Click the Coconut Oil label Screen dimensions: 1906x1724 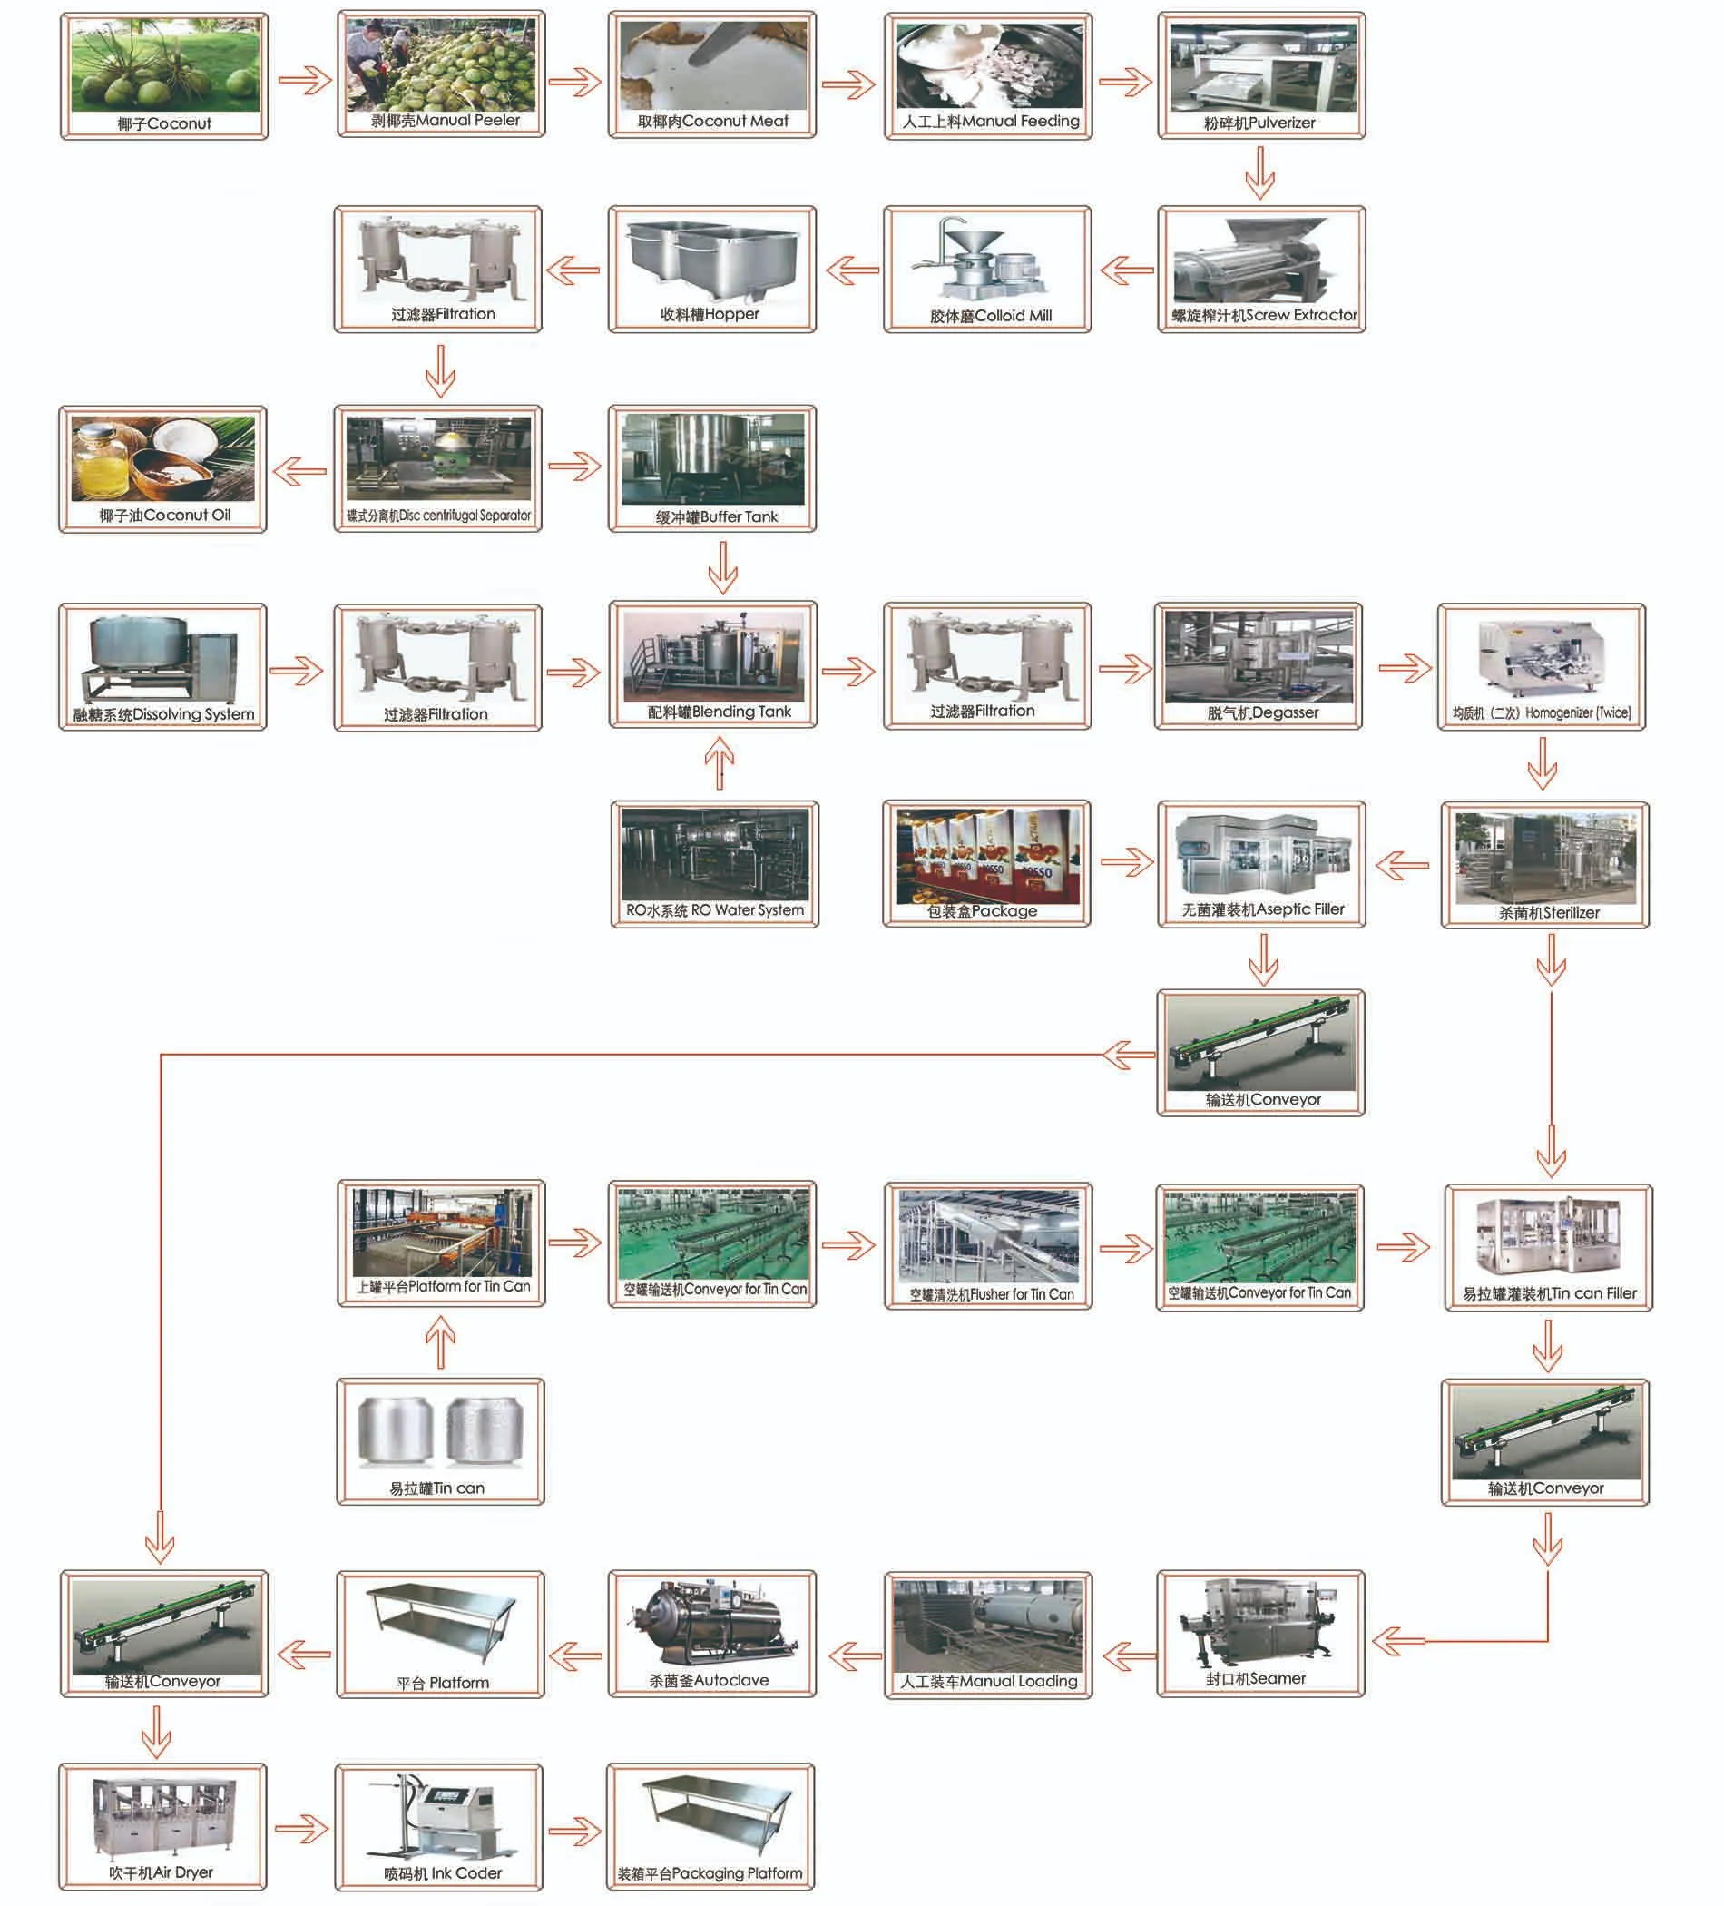click(163, 516)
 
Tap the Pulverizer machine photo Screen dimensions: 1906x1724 click(1262, 67)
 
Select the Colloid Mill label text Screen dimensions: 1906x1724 click(990, 316)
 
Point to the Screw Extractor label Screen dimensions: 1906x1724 click(1264, 315)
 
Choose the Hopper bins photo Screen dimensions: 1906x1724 click(711, 259)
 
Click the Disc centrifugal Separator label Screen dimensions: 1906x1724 click(438, 516)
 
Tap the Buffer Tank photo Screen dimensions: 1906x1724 click(712, 459)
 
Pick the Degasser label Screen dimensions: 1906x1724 click(1262, 712)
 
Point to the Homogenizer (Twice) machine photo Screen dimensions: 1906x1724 click(1541, 659)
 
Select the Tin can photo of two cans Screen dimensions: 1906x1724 click(440, 1432)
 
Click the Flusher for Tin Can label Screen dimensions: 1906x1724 click(992, 1294)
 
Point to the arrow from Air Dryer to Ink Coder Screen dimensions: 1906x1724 click(301, 1829)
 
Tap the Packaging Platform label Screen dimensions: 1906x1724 click(710, 1873)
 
